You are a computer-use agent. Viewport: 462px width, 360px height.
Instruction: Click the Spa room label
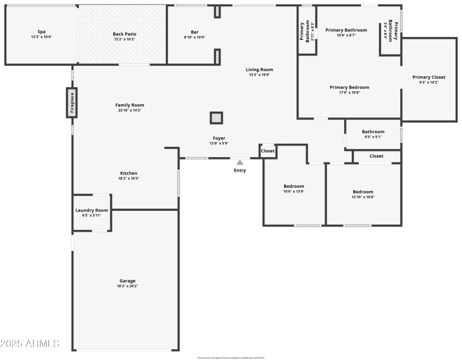pos(42,32)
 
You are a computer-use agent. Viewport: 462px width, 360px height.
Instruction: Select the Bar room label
pos(195,32)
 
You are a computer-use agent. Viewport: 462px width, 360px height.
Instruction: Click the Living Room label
pos(259,69)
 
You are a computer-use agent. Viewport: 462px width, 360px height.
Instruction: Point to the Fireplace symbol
pos(72,103)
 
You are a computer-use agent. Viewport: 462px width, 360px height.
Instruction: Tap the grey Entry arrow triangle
pos(240,162)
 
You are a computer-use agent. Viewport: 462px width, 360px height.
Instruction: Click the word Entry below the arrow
pos(240,170)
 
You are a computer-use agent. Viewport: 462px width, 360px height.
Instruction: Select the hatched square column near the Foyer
pos(216,118)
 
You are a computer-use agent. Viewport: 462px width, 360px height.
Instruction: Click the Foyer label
pos(219,138)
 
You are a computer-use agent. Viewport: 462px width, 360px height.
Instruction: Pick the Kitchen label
pos(128,173)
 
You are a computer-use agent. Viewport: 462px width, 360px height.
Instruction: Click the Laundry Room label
pos(92,210)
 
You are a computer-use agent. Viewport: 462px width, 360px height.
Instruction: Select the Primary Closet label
pos(429,77)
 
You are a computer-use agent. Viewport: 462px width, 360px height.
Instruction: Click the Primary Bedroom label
pos(349,87)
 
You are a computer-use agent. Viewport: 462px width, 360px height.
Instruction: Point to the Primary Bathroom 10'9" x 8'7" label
pos(346,30)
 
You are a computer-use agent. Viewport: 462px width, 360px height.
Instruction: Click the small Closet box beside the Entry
pos(268,151)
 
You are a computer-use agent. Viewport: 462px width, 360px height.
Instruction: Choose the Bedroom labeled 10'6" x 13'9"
pos(294,186)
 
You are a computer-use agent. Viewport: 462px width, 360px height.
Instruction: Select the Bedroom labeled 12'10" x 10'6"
pos(363,192)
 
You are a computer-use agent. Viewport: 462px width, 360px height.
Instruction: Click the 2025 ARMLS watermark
pos(30,344)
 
